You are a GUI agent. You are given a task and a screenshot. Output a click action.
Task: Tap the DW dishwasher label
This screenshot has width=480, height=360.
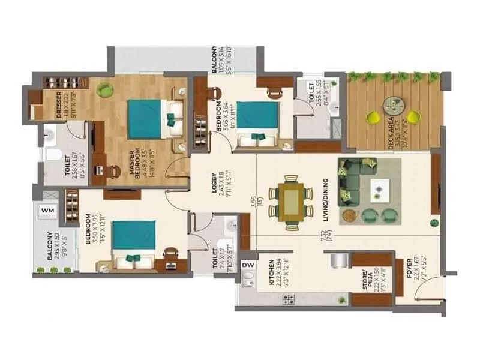[x=247, y=264]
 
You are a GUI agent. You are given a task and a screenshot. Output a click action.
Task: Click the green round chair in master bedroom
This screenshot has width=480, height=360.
[x=106, y=89]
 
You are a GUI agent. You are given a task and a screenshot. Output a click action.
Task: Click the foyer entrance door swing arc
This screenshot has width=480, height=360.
[x=426, y=288]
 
